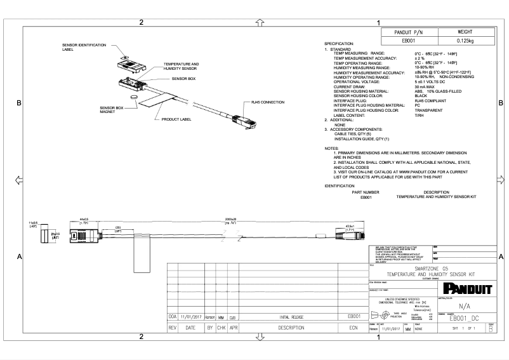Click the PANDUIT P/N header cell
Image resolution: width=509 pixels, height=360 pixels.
413,31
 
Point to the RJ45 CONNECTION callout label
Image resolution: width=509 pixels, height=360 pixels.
268,102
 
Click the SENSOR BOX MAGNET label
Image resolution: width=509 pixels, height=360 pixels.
110,110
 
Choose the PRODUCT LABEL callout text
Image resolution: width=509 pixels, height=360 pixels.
176,119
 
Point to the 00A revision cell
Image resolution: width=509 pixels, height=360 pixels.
172,316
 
